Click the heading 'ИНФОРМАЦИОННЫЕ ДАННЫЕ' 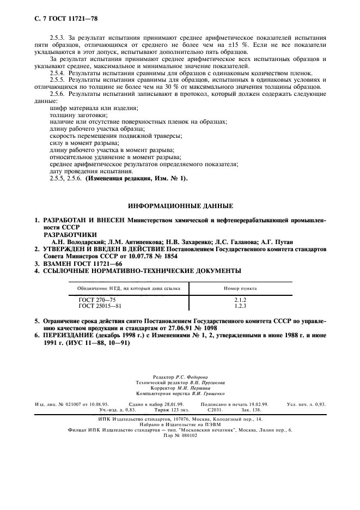click(180, 207)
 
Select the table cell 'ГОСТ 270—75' click(97, 300)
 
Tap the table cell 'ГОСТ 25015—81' click(101, 306)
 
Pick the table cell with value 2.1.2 click(240, 300)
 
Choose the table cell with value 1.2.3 click(240, 306)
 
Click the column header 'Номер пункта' click(240, 288)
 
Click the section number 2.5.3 click(57, 37)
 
